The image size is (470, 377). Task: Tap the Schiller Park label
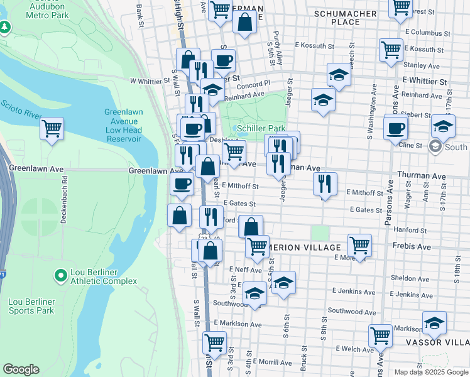[x=262, y=128]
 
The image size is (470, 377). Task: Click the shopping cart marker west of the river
[x=52, y=129]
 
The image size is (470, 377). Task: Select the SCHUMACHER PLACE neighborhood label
[x=345, y=18]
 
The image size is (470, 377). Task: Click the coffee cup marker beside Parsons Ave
[x=395, y=128]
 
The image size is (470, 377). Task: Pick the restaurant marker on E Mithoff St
[x=324, y=184]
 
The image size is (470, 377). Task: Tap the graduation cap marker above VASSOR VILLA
[x=434, y=323]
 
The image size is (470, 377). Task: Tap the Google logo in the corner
[x=21, y=369]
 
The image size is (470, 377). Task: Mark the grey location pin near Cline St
[x=435, y=146]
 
